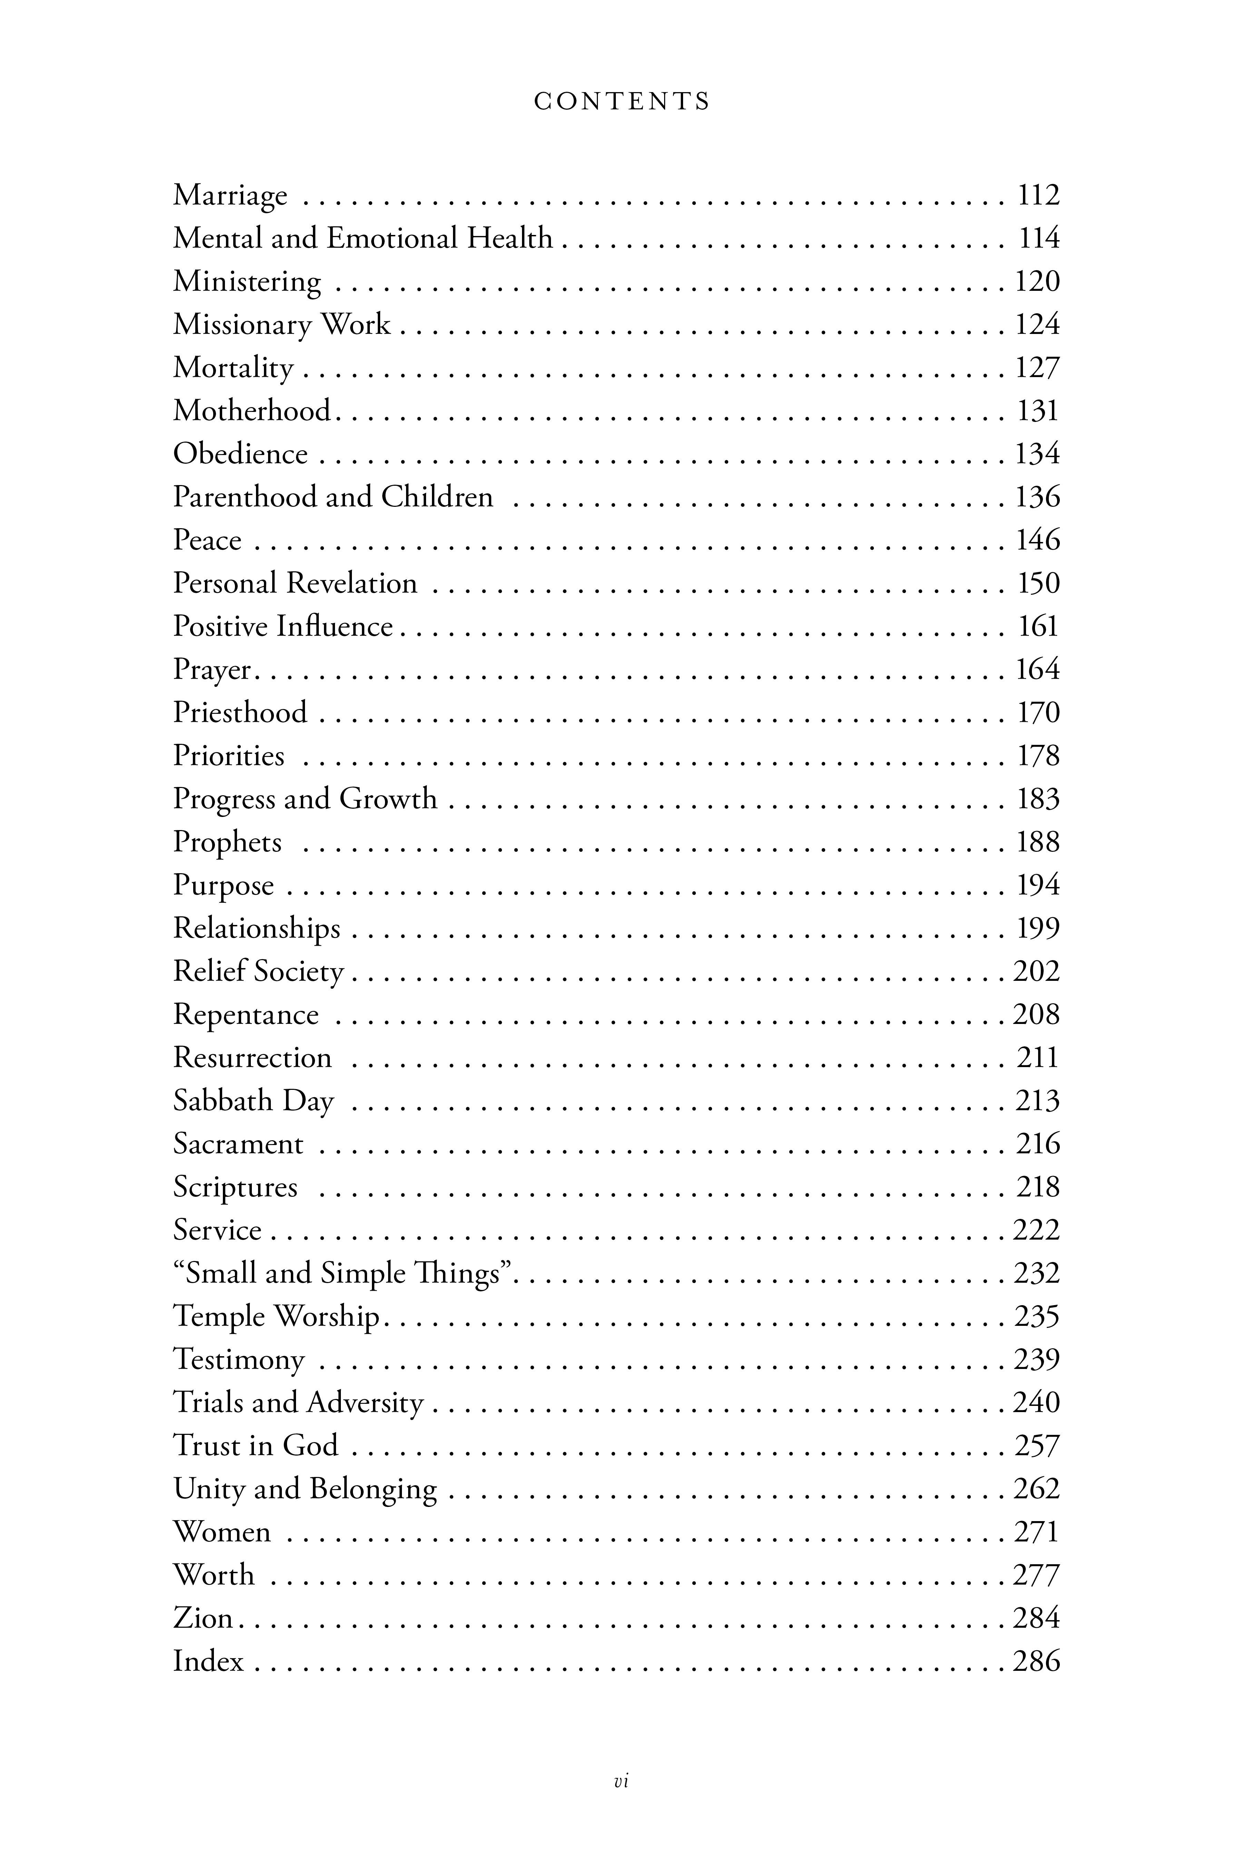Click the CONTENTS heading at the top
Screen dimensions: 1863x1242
622,101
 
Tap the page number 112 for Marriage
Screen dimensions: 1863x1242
1038,195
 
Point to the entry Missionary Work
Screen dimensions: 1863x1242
282,325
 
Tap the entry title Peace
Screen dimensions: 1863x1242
208,540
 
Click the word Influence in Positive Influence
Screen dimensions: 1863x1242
334,627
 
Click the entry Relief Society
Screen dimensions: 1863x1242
258,972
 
